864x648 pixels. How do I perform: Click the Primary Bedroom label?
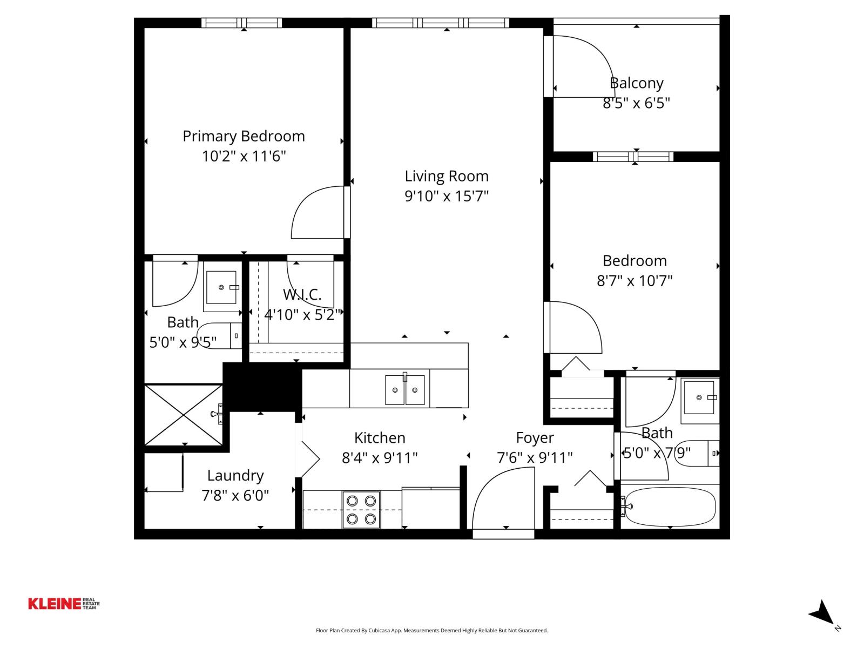tap(244, 136)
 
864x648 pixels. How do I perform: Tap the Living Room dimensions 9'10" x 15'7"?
tap(447, 196)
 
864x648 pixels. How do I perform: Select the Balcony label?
tap(636, 83)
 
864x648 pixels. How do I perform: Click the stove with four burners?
tap(361, 510)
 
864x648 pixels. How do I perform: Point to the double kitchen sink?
tap(404, 389)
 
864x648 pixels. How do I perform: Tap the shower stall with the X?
tap(184, 415)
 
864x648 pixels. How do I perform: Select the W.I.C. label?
tap(302, 295)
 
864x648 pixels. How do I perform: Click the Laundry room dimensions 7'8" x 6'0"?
tap(235, 495)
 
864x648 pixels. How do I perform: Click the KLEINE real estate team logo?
tap(64, 604)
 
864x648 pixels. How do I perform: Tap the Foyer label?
tap(535, 438)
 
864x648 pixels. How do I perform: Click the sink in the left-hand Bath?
tap(221, 288)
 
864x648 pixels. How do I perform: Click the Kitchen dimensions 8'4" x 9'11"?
tap(380, 458)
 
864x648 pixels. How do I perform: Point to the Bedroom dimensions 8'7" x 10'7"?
tap(634, 281)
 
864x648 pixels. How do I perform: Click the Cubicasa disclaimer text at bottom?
tap(431, 630)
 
